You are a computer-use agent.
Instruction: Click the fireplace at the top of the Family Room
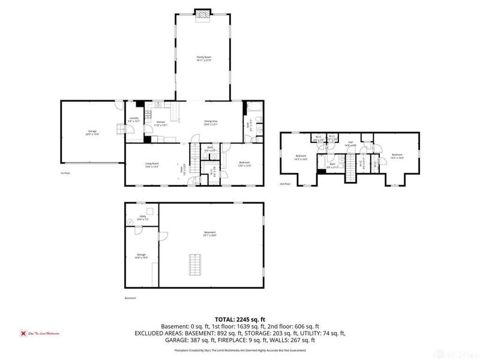tap(204, 14)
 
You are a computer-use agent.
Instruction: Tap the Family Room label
tap(204, 58)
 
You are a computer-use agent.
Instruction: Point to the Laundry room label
tap(134, 119)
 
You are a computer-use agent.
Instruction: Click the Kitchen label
tap(161, 124)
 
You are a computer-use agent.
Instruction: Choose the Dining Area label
tap(210, 123)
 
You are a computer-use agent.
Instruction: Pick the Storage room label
tap(141, 256)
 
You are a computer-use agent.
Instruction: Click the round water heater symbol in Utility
tap(130, 222)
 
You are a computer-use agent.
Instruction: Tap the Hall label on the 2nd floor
tap(350, 143)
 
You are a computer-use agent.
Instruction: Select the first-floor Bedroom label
tap(244, 163)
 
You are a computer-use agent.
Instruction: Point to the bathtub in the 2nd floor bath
tap(322, 172)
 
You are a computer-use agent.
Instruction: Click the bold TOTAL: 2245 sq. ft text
tap(240, 319)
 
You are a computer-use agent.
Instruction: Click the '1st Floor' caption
tap(65, 173)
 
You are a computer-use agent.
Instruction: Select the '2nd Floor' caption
tap(285, 184)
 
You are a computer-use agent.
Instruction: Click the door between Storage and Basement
tap(155, 277)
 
